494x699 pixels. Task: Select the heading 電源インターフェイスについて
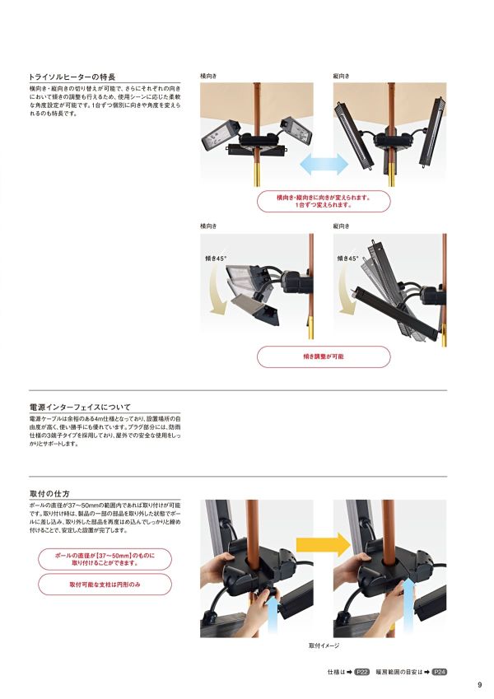click(x=80, y=407)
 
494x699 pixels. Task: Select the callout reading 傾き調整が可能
click(x=324, y=356)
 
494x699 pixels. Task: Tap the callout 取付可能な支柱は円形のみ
click(x=105, y=584)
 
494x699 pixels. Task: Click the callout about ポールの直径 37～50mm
click(x=105, y=560)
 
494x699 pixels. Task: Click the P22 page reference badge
click(x=362, y=672)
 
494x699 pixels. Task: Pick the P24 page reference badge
click(x=440, y=672)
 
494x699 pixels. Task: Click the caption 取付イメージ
click(x=324, y=646)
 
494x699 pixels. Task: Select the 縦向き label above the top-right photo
click(x=341, y=76)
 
